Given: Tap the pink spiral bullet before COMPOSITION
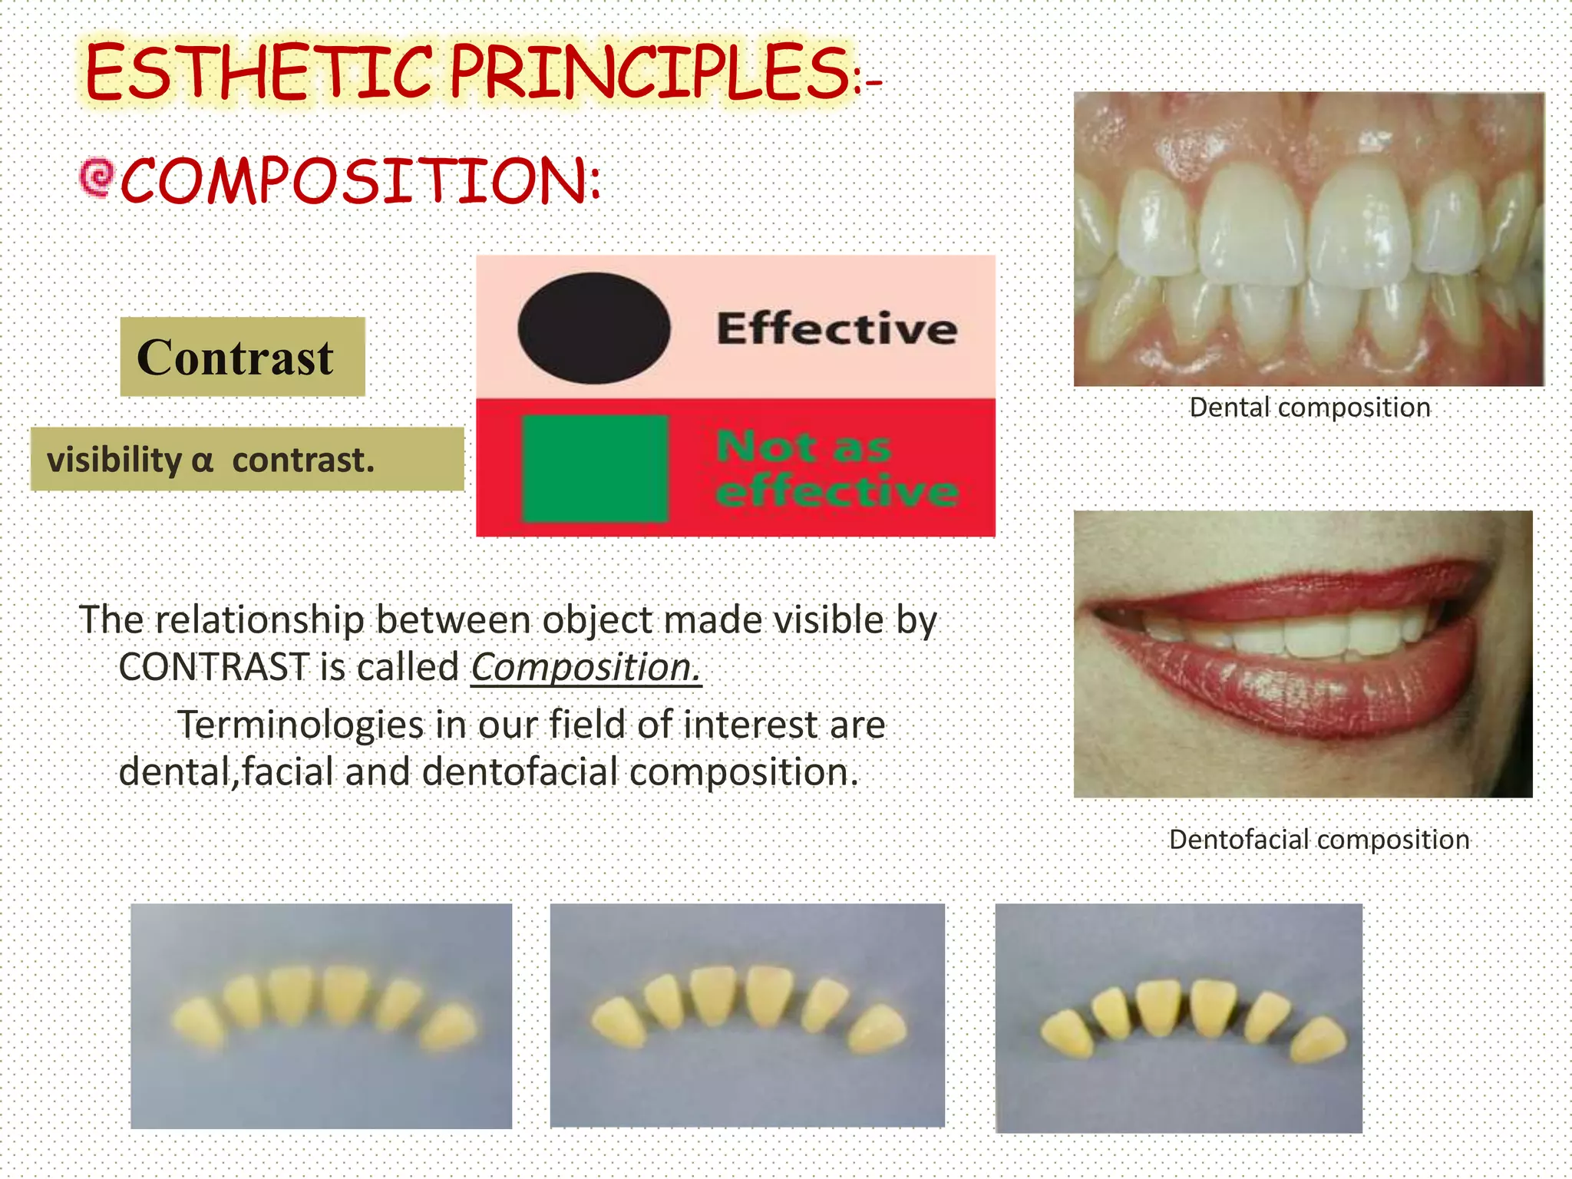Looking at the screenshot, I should click(x=97, y=177).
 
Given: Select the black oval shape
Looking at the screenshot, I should click(x=593, y=328).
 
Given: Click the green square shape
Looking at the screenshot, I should click(x=595, y=468).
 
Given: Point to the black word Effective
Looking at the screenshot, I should click(x=837, y=329).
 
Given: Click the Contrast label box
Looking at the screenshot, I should click(x=242, y=357).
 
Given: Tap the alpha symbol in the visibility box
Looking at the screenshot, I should click(x=202, y=461).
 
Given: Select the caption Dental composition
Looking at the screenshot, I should click(x=1309, y=407).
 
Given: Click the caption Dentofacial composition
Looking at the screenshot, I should click(x=1319, y=839).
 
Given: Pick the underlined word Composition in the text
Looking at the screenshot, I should click(x=585, y=666).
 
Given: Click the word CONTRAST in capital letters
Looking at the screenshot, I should click(x=213, y=666).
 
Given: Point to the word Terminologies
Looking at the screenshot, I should click(x=300, y=725).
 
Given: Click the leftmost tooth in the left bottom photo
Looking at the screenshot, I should click(x=198, y=1022).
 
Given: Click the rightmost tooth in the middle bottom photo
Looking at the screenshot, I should click(x=877, y=1029).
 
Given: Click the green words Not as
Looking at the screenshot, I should click(x=803, y=447).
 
